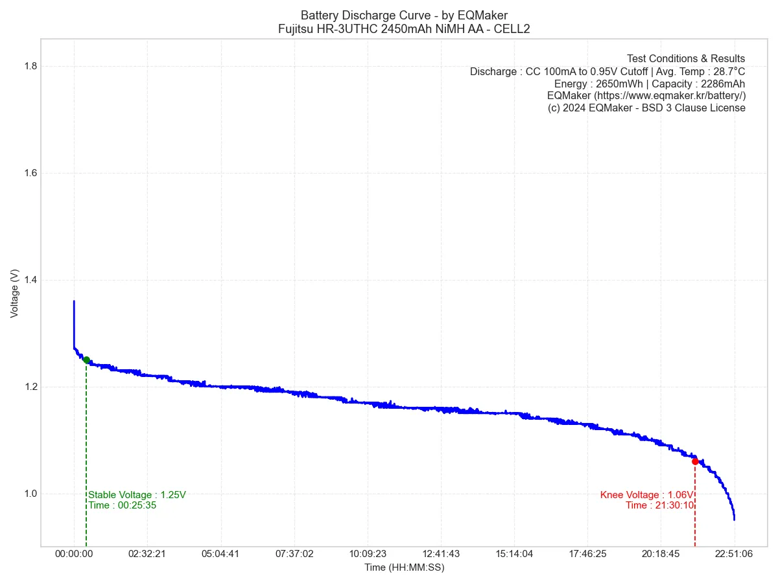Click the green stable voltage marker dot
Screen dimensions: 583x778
86,360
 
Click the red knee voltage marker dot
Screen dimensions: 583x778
695,461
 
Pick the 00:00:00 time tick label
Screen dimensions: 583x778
74,554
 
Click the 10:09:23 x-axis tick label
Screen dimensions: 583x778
367,554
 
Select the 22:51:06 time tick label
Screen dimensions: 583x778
734,554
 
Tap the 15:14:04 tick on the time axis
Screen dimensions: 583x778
514,554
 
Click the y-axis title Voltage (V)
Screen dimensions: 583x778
14,294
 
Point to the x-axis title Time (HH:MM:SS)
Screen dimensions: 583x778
404,567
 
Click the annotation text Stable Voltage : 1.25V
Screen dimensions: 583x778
137,495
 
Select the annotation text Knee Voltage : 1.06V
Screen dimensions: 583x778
646,495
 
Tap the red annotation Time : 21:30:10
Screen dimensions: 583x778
659,505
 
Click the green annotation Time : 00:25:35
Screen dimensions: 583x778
123,505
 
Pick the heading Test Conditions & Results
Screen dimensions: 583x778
685,59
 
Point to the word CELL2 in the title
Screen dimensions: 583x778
513,29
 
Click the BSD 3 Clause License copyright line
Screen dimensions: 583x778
646,108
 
